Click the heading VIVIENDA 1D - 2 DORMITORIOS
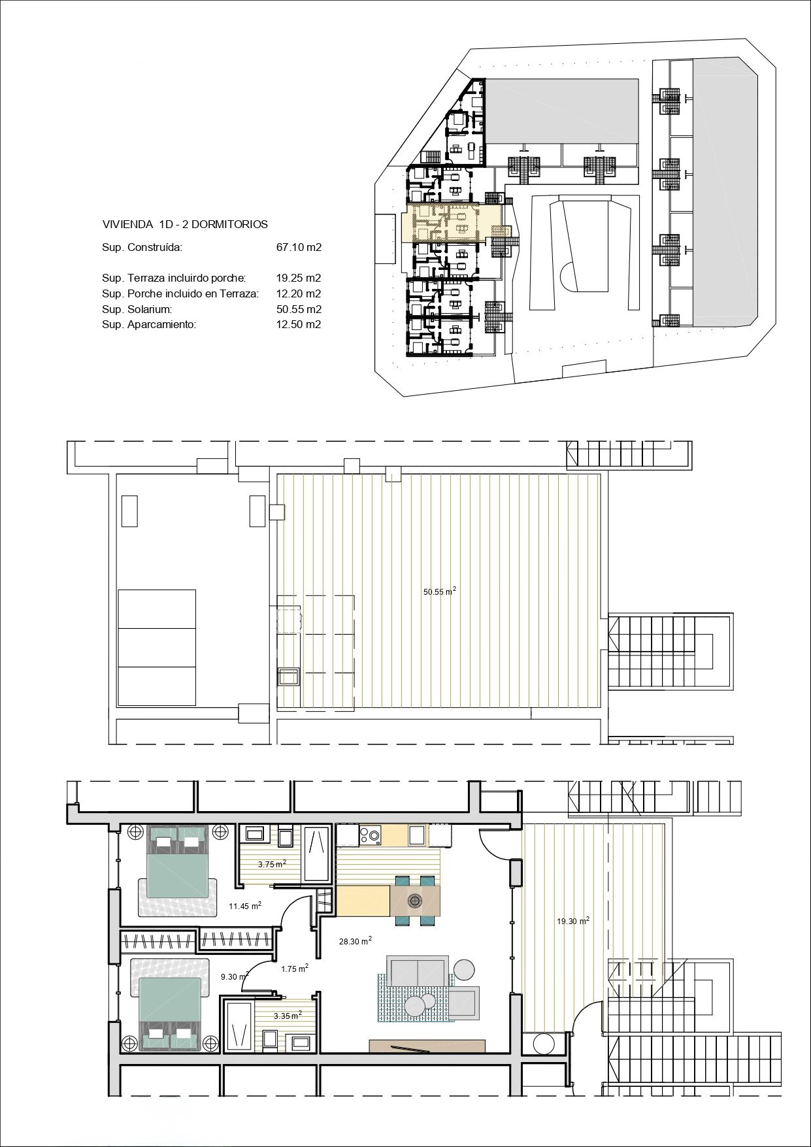click(x=185, y=224)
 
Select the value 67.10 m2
click(x=299, y=248)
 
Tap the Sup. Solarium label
click(x=137, y=309)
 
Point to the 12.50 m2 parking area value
click(x=299, y=324)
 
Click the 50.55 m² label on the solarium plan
click(x=439, y=591)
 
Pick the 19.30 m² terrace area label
click(x=572, y=921)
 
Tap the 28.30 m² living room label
click(x=355, y=941)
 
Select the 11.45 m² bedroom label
click(x=245, y=905)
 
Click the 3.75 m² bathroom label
click(x=272, y=863)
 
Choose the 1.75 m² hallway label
click(x=294, y=969)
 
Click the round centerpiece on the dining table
click(x=414, y=901)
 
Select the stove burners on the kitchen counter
click(x=370, y=834)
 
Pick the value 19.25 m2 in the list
click(x=299, y=278)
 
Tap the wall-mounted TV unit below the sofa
click(x=427, y=1046)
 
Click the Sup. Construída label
click(x=142, y=248)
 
